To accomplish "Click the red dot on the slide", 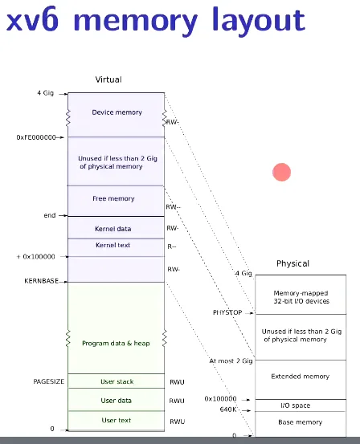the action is [x=281, y=172].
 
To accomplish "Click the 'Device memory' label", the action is [x=117, y=112].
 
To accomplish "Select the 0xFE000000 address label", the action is [x=36, y=137].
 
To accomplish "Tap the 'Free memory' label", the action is [x=113, y=198].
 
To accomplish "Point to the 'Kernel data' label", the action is [x=112, y=229].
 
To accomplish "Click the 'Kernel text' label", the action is [x=112, y=245].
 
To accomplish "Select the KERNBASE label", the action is [x=42, y=281].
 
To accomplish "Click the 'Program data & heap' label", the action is [x=116, y=344].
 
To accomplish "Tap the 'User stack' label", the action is [x=117, y=381].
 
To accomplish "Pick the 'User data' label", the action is [x=116, y=401].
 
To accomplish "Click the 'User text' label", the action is [x=117, y=420].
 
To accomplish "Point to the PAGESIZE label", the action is [x=49, y=381].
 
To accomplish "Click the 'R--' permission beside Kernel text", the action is [x=172, y=247].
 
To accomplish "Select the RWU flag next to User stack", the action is [x=177, y=382].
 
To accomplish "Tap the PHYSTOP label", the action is [x=227, y=312].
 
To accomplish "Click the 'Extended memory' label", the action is [x=301, y=377].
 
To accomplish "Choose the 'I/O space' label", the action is [x=296, y=405].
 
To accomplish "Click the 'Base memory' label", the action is [x=301, y=422].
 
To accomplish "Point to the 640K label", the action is [x=228, y=409].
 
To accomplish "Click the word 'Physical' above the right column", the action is [x=292, y=263].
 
